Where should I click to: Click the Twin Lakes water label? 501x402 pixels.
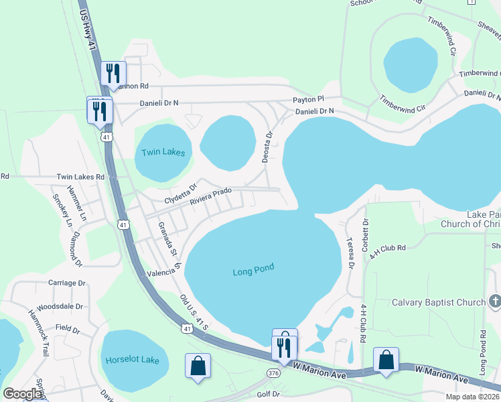163,153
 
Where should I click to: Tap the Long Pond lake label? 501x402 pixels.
253,271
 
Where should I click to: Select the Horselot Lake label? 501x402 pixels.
132,360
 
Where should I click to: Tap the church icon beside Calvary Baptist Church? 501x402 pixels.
494,302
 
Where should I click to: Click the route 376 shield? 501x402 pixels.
273,373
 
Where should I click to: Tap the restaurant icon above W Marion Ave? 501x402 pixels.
285,346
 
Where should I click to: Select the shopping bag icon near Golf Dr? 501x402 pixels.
198,366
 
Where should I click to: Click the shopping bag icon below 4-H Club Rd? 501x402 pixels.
386,359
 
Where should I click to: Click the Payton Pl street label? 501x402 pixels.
307,100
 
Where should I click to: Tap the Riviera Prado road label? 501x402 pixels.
210,196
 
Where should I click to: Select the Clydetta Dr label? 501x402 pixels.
181,194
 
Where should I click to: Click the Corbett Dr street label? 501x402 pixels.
366,234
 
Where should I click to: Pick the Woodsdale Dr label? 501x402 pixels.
60,306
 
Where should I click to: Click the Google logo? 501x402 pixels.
22,394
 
